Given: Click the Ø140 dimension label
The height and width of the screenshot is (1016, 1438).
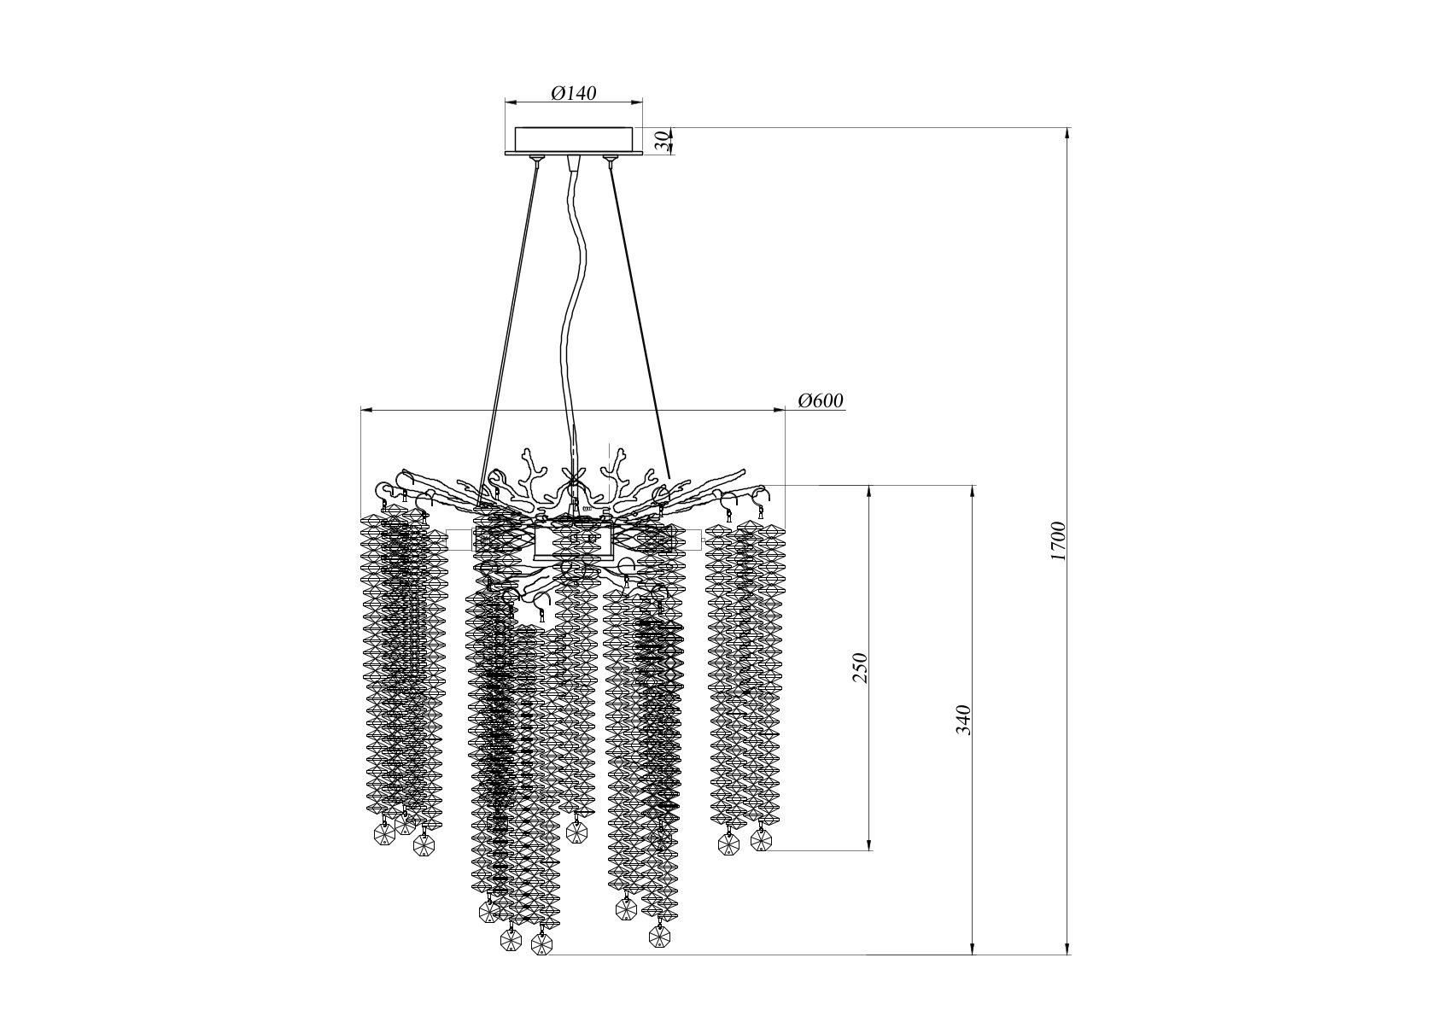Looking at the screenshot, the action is [x=574, y=93].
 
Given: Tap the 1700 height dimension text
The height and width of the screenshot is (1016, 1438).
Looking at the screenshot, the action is [x=1058, y=541].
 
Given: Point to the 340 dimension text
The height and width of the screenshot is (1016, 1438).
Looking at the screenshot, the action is [x=964, y=720].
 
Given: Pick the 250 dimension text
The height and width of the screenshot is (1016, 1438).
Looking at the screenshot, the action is [x=860, y=669].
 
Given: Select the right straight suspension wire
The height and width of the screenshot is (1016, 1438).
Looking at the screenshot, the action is [x=640, y=321].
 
